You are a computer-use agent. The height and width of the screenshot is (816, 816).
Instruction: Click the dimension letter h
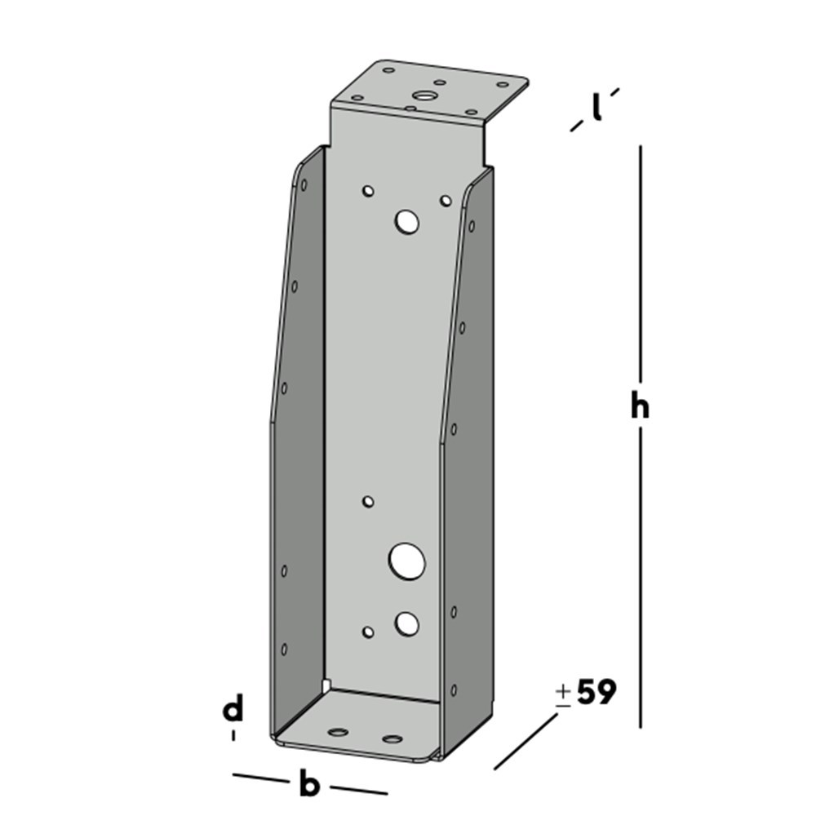pyautogui.click(x=639, y=406)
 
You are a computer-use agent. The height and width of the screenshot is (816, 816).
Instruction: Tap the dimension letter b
pyautogui.click(x=308, y=785)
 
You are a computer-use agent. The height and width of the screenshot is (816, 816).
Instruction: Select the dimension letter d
pyautogui.click(x=233, y=710)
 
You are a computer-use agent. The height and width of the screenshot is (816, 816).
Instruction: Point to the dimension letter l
pyautogui.click(x=597, y=107)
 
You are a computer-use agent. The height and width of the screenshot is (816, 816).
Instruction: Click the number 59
pyautogui.click(x=596, y=693)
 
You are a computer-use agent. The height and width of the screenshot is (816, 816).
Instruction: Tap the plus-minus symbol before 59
pyautogui.click(x=563, y=694)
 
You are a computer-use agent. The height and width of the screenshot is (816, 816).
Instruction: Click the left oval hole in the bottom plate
pyautogui.click(x=338, y=731)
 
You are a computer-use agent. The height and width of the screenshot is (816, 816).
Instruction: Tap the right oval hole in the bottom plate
pyautogui.click(x=392, y=739)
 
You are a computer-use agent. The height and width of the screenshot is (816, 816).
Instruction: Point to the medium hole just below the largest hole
pyautogui.click(x=406, y=624)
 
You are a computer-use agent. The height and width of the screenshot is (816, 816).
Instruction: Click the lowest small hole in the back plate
pyautogui.click(x=368, y=632)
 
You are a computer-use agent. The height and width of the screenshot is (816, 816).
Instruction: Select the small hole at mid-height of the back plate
pyautogui.click(x=368, y=501)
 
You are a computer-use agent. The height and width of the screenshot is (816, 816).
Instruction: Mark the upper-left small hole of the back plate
pyautogui.click(x=368, y=192)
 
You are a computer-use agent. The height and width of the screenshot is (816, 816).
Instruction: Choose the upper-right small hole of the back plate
pyautogui.click(x=446, y=200)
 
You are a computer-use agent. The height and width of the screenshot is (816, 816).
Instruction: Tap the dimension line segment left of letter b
pyautogui.click(x=261, y=778)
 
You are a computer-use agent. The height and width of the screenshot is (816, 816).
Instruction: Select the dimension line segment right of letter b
pyautogui.click(x=359, y=790)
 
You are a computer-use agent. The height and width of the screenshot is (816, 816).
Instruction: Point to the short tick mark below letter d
pyautogui.click(x=234, y=735)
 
